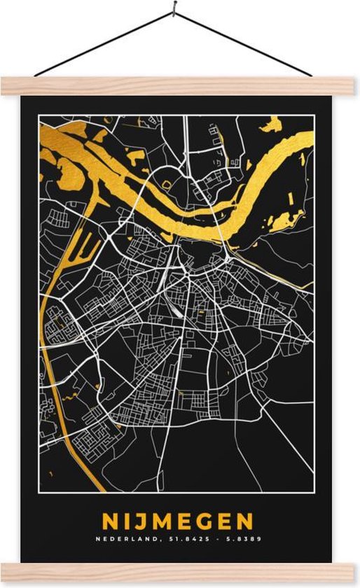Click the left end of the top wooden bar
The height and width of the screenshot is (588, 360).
coord(4,86)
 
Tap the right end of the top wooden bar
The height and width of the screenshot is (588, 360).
coord(356,86)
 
